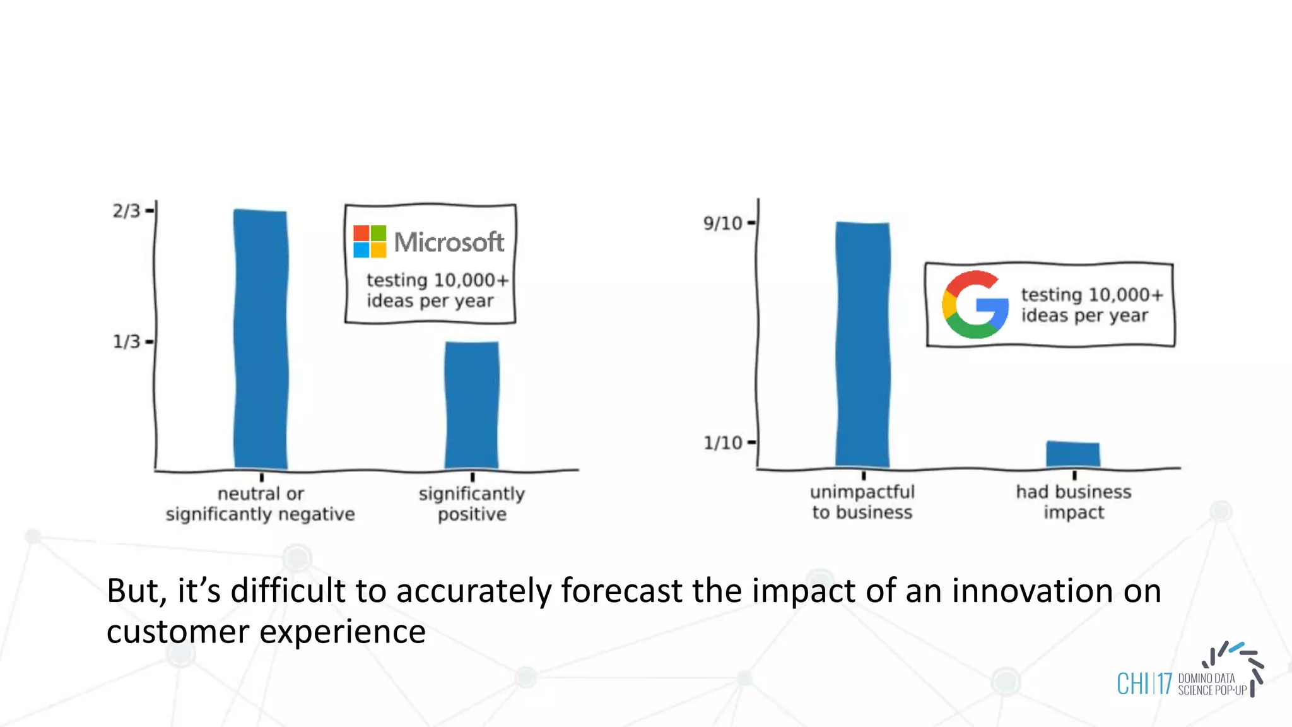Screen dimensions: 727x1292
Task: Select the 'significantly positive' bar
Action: tap(472, 405)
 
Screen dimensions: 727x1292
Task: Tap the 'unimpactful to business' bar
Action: tap(862, 345)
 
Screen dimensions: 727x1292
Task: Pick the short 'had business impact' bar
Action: tap(1073, 454)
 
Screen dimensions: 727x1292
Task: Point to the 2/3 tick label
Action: tap(126, 211)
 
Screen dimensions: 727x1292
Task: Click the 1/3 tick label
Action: tap(126, 342)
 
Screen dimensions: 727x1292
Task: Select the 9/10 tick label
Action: tap(723, 223)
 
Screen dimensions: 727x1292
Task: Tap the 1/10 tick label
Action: tap(723, 443)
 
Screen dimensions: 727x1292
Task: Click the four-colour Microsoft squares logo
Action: tap(370, 242)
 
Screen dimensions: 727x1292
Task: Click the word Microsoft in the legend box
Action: tap(449, 242)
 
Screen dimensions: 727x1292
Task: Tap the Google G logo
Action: tap(975, 305)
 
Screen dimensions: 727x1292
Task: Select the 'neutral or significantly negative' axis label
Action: tap(261, 504)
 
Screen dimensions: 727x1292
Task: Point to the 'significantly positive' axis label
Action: tap(472, 504)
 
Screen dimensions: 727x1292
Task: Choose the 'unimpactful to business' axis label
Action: tap(862, 502)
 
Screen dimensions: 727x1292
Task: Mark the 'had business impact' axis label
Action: tap(1074, 502)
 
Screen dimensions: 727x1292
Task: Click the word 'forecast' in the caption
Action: tap(621, 591)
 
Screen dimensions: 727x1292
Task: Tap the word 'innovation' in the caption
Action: tap(1032, 591)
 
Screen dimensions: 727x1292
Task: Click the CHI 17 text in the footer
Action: tap(1144, 684)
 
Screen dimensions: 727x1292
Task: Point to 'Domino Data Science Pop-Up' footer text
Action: tap(1211, 685)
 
